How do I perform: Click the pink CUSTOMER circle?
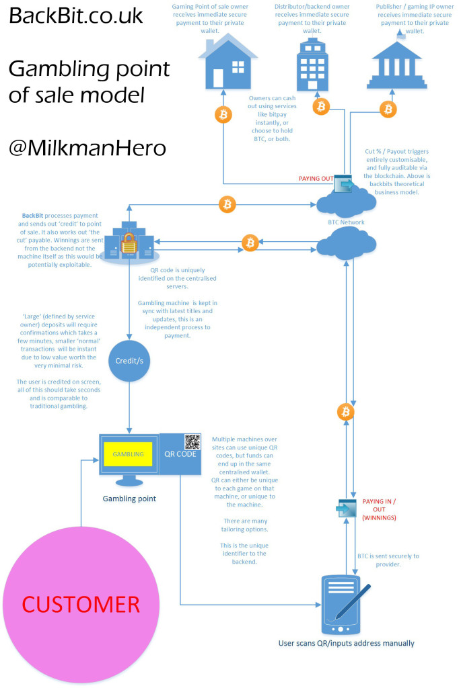pos(81,604)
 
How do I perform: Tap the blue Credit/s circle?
pos(129,361)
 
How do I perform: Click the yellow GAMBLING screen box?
pos(128,454)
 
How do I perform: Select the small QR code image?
pos(192,442)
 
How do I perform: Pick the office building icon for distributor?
pos(312,64)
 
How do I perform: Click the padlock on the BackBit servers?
pos(129,243)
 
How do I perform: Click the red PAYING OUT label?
pos(316,179)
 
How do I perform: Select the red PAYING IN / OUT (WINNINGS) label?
pos(379,509)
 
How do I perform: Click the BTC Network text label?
pos(346,222)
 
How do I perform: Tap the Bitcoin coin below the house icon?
pos(223,115)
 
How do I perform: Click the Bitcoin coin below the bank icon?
pos(388,109)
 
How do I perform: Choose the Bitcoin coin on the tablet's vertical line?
pos(346,412)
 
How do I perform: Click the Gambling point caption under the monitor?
pos(129,499)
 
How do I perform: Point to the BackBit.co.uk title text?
pos(75,16)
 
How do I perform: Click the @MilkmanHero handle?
pos(87,148)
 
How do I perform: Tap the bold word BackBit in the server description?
pos(32,216)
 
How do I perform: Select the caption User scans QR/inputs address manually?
pos(347,643)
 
